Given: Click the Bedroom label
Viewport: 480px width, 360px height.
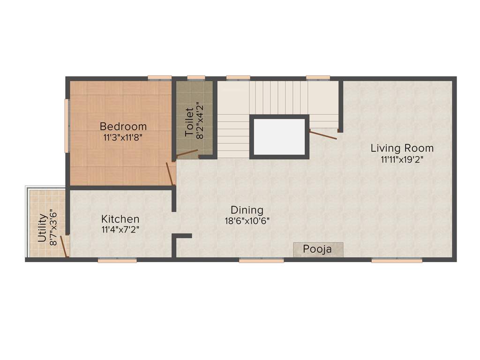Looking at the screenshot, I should click(123, 127).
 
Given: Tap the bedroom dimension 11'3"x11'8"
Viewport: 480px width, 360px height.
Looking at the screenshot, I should click(123, 138).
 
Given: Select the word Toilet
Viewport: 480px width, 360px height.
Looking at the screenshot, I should click(189, 123).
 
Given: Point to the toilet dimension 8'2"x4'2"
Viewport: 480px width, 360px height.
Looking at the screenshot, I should click(201, 120).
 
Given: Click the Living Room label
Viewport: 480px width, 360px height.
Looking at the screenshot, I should click(402, 148).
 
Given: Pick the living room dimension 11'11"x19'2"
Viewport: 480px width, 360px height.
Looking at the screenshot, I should click(402, 159).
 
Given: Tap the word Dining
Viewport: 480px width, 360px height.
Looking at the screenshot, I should click(247, 210).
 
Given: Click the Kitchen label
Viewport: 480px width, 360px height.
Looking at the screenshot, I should click(120, 219).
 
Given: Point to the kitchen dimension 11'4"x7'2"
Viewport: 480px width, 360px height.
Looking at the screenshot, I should click(120, 230).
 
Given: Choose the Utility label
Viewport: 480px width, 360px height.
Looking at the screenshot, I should click(42, 228).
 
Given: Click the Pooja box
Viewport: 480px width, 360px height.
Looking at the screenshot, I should click(318, 249).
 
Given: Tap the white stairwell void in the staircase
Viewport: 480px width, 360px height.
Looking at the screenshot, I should click(279, 136).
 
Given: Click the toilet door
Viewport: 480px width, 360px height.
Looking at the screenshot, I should click(187, 153).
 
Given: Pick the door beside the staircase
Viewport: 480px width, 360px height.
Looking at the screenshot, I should click(323, 135).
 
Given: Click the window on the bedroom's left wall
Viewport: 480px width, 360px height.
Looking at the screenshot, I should click(67, 125).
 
